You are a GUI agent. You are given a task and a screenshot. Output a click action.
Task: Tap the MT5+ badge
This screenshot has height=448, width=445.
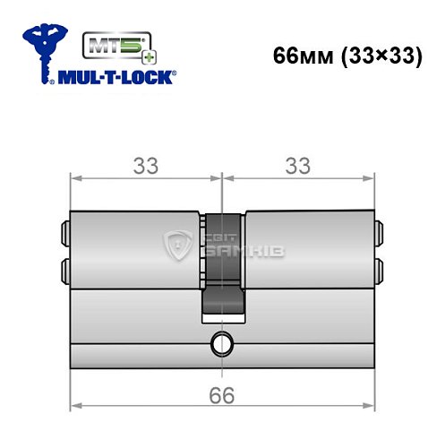pos(112,45)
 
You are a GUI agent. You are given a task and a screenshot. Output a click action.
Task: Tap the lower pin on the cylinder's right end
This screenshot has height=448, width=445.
pos(379,268)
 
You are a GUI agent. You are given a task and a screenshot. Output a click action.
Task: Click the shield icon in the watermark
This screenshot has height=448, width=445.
pos(179,248)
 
